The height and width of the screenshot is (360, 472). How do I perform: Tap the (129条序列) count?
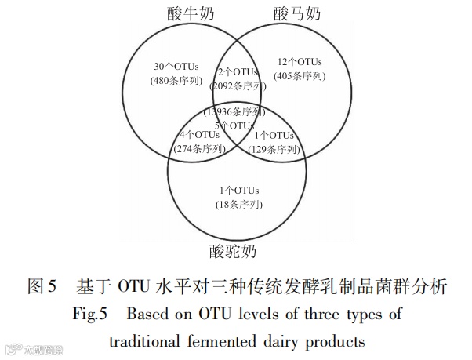click(274, 148)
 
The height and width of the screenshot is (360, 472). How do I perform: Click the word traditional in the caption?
click(148, 341)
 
